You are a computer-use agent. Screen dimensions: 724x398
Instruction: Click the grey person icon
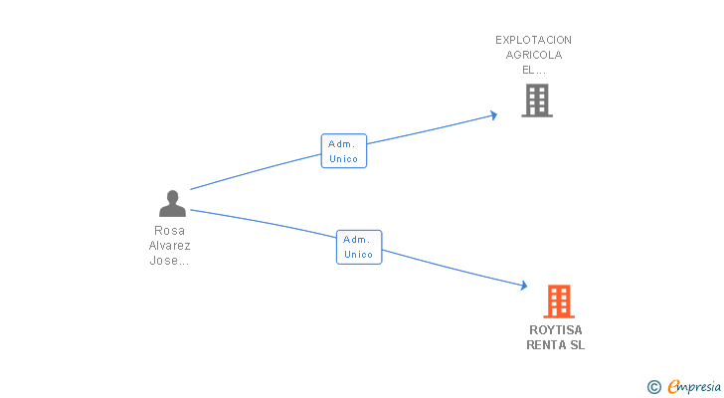172,204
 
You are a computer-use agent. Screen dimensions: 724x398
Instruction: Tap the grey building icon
536,100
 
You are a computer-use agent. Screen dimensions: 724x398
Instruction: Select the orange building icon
559,300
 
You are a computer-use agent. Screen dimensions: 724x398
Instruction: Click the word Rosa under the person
169,231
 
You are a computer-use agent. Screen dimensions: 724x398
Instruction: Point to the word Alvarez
169,246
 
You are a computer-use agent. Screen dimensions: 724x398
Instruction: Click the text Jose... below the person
169,261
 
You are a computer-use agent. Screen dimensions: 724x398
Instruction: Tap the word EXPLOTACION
534,40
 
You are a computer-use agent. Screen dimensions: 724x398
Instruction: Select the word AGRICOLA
534,55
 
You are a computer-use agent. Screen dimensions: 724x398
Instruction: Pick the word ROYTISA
556,330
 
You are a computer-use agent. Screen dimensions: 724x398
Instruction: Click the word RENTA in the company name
546,345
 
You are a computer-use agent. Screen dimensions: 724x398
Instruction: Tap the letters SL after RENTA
578,345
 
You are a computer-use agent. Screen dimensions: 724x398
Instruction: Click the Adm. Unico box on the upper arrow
343,151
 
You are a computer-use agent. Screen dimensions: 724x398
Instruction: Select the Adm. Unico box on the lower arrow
358,247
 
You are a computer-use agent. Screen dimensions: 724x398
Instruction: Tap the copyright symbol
653,387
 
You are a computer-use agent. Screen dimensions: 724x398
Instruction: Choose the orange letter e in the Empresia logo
673,387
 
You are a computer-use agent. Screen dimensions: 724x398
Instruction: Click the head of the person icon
172,196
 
